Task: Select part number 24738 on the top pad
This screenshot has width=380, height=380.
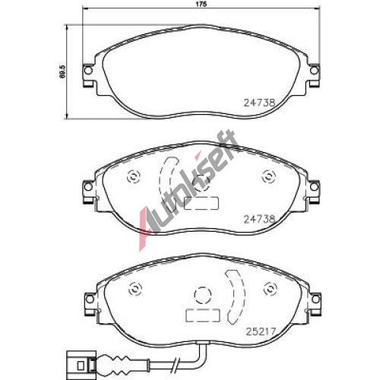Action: coord(259,103)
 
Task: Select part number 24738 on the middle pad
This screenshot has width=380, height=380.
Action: coord(259,219)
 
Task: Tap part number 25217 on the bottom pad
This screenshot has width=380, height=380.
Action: coord(261,331)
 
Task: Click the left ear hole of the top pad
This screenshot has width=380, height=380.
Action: coord(88,70)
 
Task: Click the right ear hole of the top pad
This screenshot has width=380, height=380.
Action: coord(314,70)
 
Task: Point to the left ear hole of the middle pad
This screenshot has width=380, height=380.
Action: coord(88,187)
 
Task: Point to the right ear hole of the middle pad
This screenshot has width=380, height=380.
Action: coord(314,187)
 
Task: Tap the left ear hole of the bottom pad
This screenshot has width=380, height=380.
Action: coord(89,299)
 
